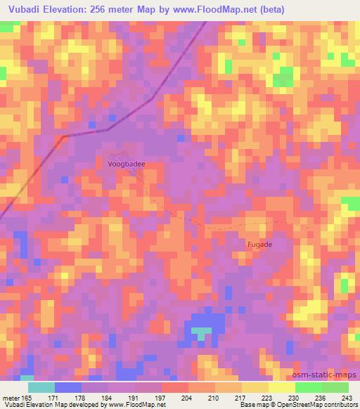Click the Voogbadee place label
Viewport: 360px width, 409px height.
(127, 164)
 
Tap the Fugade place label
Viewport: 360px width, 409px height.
(259, 245)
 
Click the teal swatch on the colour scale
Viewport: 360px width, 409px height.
(41, 387)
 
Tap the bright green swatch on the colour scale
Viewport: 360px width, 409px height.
(308, 387)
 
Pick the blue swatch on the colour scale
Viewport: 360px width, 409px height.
(68, 387)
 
